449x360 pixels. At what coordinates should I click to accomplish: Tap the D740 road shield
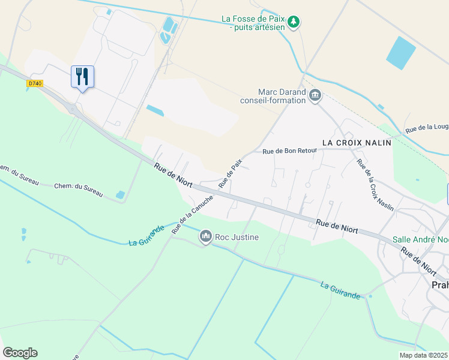click(x=35, y=84)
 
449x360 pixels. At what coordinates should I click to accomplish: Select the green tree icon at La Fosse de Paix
click(x=294, y=23)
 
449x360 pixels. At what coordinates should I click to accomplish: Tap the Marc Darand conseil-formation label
click(x=282, y=96)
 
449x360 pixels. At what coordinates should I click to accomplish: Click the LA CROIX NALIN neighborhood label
click(x=357, y=143)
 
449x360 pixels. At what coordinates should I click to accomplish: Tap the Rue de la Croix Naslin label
click(x=375, y=185)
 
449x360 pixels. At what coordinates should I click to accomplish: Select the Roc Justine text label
click(x=238, y=237)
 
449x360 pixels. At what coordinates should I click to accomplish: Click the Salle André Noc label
click(x=420, y=239)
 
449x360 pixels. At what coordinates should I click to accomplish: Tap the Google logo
click(x=20, y=353)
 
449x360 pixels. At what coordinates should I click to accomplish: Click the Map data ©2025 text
click(x=424, y=355)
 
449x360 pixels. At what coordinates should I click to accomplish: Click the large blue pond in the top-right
click(x=400, y=52)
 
